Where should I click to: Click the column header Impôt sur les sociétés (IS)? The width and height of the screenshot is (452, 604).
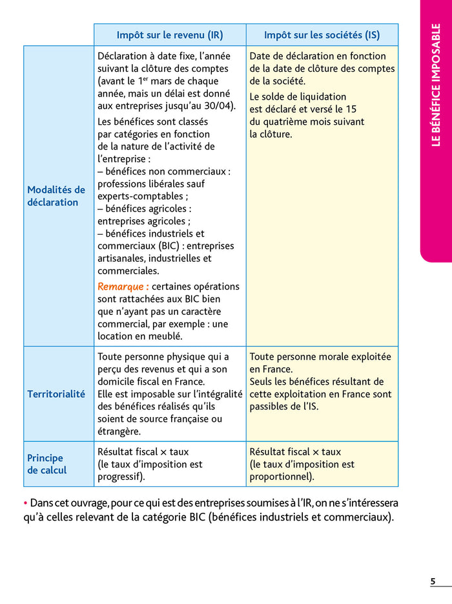click(322, 35)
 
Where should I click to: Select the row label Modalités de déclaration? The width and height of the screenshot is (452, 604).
click(56, 196)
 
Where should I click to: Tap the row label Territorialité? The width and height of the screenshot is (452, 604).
click(56, 394)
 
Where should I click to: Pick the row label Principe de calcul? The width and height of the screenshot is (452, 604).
click(47, 464)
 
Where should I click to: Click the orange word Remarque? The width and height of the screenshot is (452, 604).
click(123, 286)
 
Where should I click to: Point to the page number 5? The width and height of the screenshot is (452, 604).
click(433, 581)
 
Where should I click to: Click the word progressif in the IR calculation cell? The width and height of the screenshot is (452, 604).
click(119, 477)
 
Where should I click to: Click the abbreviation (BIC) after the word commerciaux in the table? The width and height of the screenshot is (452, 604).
click(165, 246)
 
